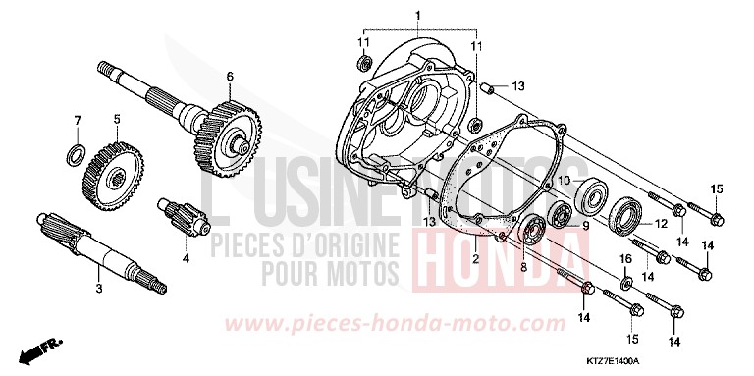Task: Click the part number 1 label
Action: pos(417,15)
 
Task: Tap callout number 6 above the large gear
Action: pos(229,76)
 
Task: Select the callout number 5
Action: pos(117,119)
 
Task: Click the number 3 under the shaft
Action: pos(98,290)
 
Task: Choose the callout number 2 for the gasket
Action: pos(474,259)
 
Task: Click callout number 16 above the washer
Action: pos(623,257)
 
